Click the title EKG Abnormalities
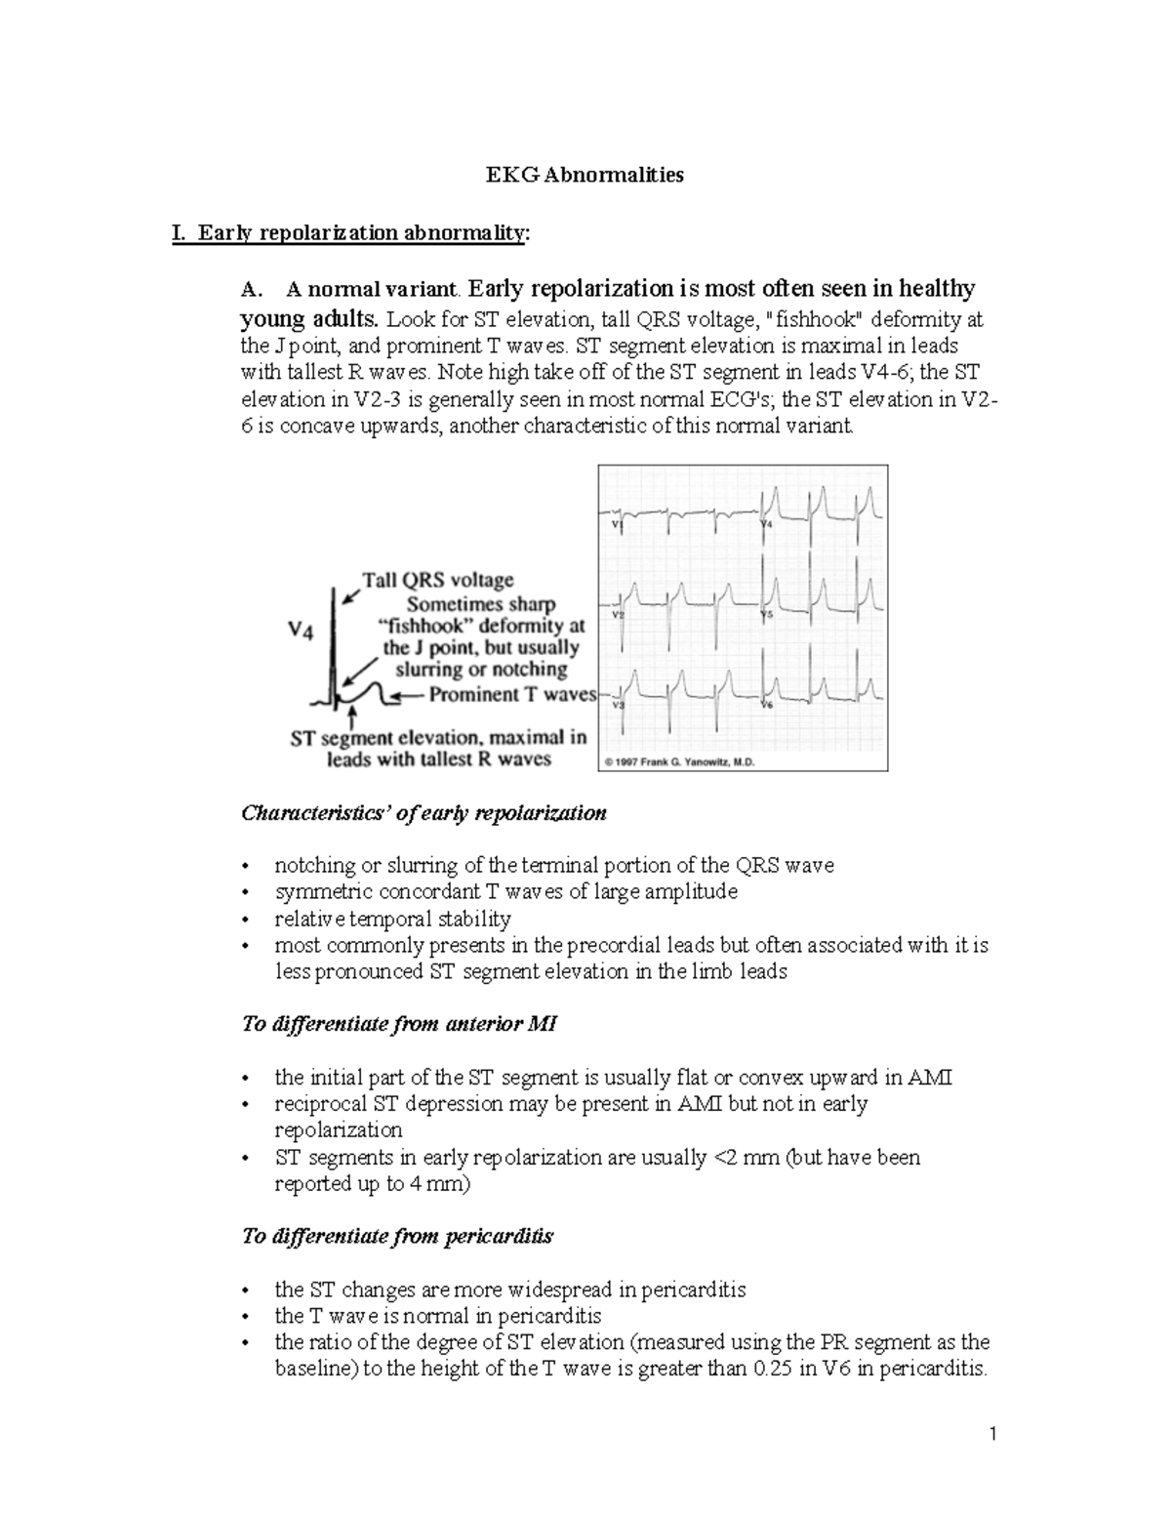585,176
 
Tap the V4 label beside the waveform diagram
301,632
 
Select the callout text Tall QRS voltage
438,580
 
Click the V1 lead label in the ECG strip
617,525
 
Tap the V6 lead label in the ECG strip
767,704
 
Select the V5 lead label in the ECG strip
767,615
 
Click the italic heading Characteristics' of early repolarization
424,813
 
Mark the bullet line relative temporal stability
392,919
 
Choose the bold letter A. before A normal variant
252,290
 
